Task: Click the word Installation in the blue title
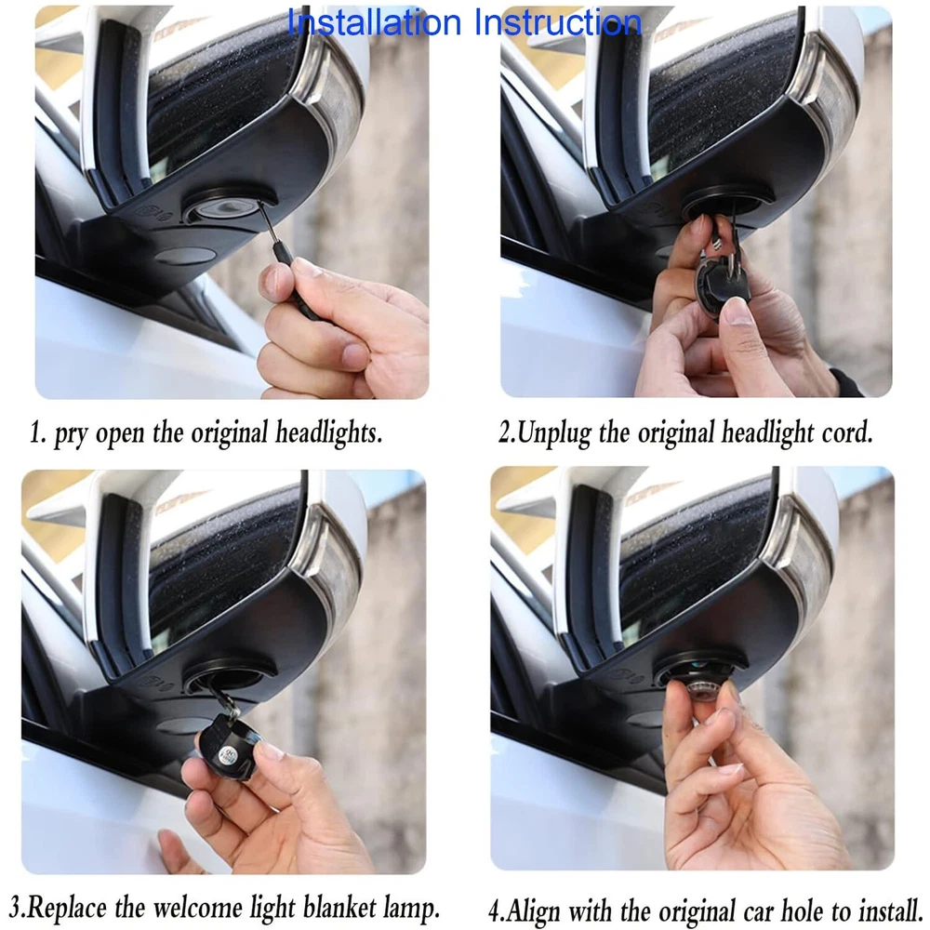[x=374, y=22]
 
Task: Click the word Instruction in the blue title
[x=558, y=22]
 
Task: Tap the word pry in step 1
[x=70, y=434]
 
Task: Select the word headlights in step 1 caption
[x=328, y=432]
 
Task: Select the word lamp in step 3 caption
[x=411, y=908]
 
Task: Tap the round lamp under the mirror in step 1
[x=219, y=208]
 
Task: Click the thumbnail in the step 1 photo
[x=277, y=281]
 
